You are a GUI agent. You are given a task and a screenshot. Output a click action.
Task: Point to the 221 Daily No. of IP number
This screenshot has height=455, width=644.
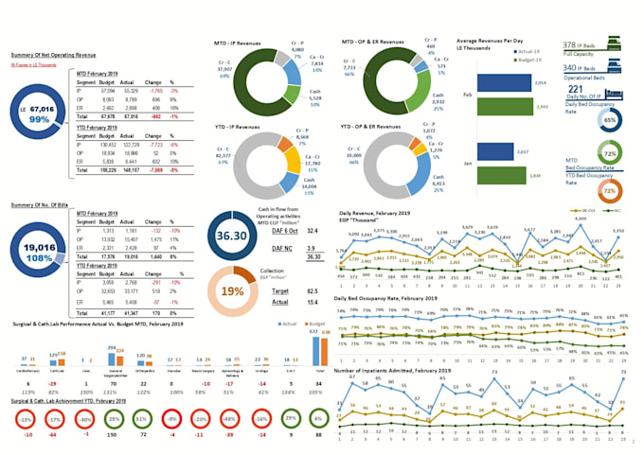coord(575,88)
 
